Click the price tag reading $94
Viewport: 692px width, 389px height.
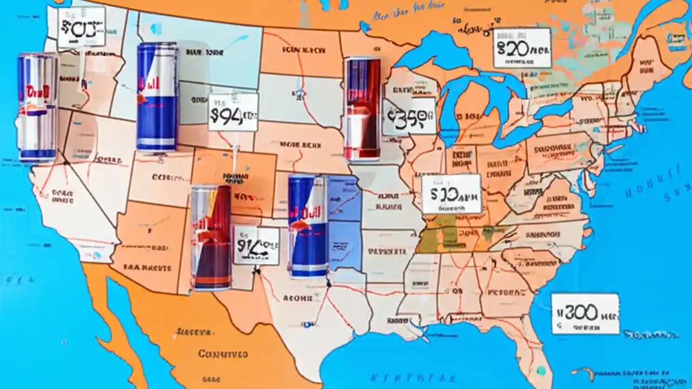[233, 112]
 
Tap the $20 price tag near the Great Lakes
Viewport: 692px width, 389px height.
[522, 48]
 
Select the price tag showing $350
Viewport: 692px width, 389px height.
[409, 116]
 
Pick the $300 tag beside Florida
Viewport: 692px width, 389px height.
[585, 313]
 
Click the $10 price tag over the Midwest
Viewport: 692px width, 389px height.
[451, 194]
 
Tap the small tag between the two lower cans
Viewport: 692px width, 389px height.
[256, 245]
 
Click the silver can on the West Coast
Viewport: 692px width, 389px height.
[37, 108]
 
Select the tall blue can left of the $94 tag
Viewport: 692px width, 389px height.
[157, 97]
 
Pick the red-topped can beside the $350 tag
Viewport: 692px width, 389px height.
[362, 110]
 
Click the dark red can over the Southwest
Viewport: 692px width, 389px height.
[211, 238]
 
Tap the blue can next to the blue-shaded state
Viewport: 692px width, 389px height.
[308, 226]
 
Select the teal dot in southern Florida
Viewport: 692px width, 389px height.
[541, 371]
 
